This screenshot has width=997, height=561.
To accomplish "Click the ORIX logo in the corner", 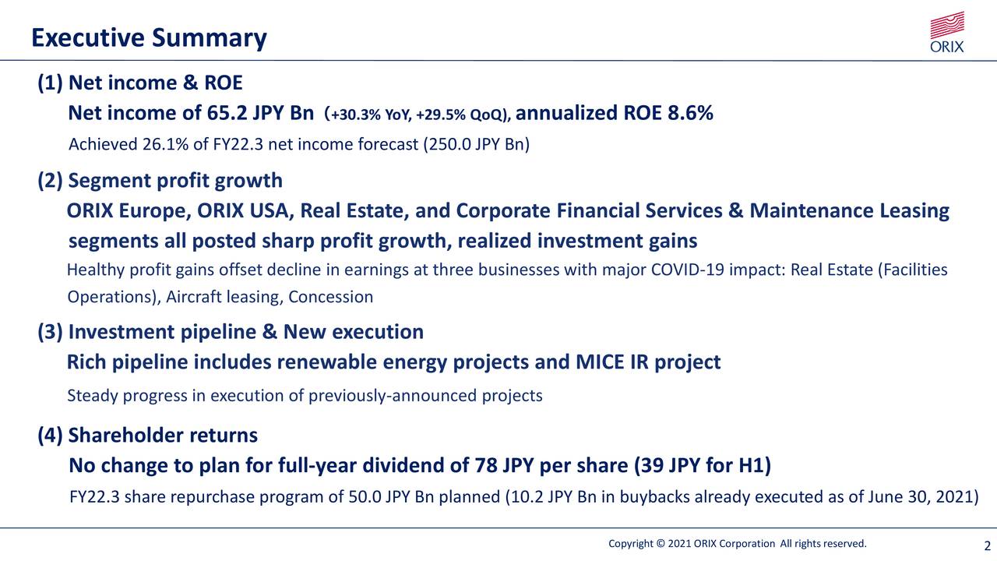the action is [x=947, y=32].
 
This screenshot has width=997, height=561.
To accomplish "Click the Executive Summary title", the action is [x=149, y=38].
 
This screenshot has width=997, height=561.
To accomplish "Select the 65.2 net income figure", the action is [x=227, y=113].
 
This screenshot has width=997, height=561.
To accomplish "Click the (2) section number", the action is [x=51, y=181].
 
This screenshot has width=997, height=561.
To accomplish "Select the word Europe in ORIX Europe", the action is [x=155, y=211].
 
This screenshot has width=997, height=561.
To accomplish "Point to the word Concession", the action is [x=331, y=297].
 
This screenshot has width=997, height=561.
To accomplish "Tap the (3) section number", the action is [x=51, y=332].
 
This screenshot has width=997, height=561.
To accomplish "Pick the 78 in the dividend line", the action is [x=486, y=466].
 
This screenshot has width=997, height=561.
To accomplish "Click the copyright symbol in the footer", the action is [x=660, y=544].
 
